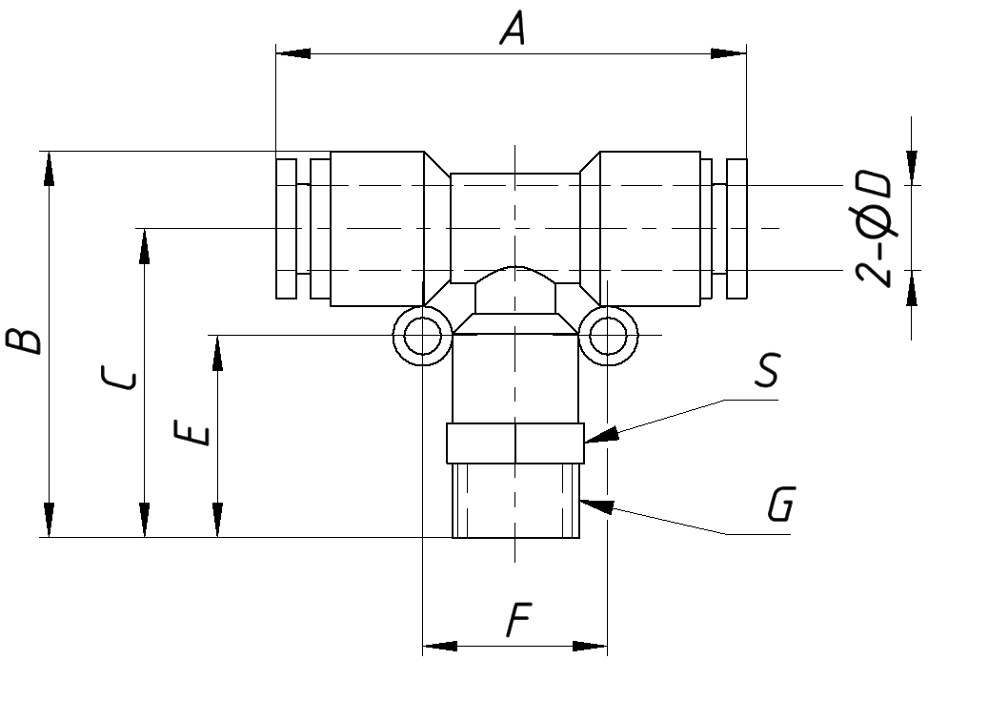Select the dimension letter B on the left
pyautogui.click(x=26, y=340)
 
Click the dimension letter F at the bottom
pyautogui.click(x=516, y=622)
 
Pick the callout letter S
pyautogui.click(x=766, y=372)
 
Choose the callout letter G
pyautogui.click(x=779, y=505)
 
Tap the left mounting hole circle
pyautogui.click(x=421, y=336)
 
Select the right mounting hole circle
pyautogui.click(x=608, y=336)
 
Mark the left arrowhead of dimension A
pyautogui.click(x=292, y=53)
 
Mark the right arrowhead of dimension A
pyautogui.click(x=729, y=53)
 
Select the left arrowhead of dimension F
pyautogui.click(x=439, y=648)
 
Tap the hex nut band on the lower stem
pyautogui.click(x=514, y=443)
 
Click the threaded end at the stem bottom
pyautogui.click(x=514, y=501)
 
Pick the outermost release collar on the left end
pyautogui.click(x=286, y=229)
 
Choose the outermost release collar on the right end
pyautogui.click(x=736, y=229)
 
